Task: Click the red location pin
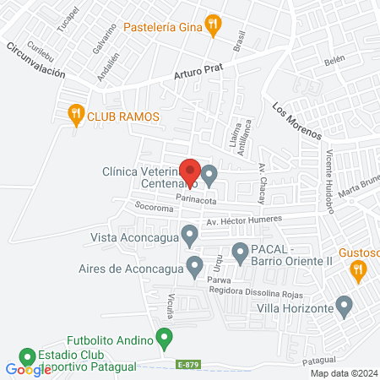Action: tap(190, 170)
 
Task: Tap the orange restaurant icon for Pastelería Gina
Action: tap(214, 26)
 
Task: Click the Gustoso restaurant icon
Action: tap(358, 269)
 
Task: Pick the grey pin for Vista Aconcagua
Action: tap(189, 234)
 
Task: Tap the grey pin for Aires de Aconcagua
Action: tap(195, 266)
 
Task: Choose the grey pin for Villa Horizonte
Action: tap(344, 307)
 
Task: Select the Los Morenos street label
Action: tap(297, 121)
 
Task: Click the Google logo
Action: tap(27, 370)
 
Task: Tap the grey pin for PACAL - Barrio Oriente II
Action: tap(240, 250)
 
